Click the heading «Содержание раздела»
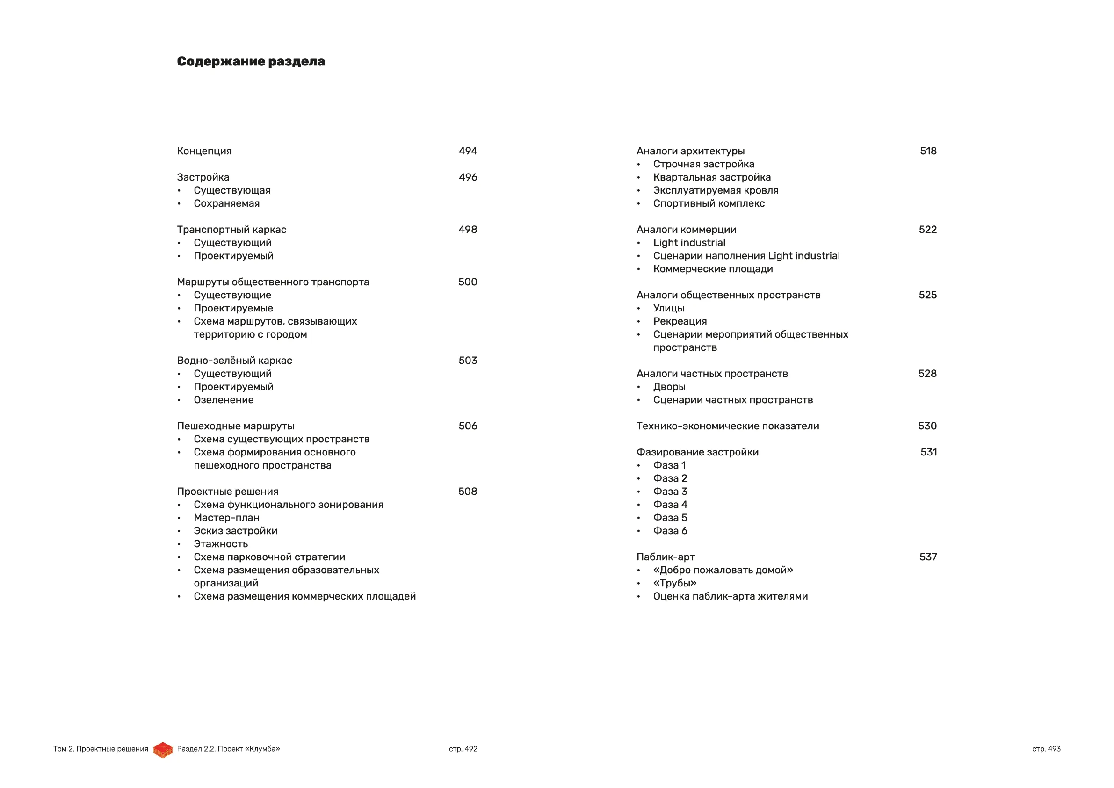click(x=251, y=62)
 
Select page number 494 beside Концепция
click(x=468, y=151)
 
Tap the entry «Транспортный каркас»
click(x=231, y=230)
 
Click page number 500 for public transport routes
click(x=468, y=282)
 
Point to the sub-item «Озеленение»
click(x=224, y=400)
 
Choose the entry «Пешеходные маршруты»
click(x=235, y=426)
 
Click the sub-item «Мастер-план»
click(x=226, y=518)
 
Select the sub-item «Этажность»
click(x=221, y=544)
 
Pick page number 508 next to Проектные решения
click(x=468, y=492)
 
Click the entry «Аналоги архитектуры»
click(x=690, y=151)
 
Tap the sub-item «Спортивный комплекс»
click(x=709, y=203)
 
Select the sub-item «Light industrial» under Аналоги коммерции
click(x=689, y=243)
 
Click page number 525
click(x=927, y=295)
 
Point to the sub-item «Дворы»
click(x=669, y=387)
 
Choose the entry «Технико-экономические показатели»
click(x=728, y=426)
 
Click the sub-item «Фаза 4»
click(x=670, y=505)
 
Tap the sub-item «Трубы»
click(x=675, y=583)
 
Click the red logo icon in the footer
click(x=163, y=750)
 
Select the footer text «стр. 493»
click(x=1046, y=749)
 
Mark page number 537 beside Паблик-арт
click(x=928, y=557)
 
